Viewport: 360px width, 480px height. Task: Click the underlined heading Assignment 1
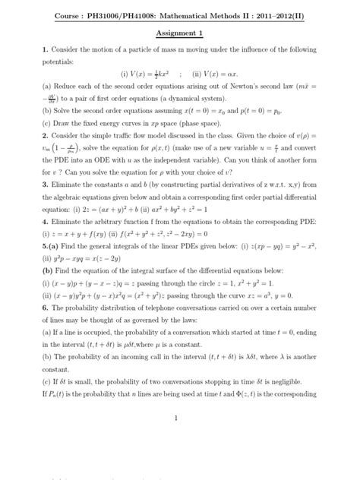[180, 35]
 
